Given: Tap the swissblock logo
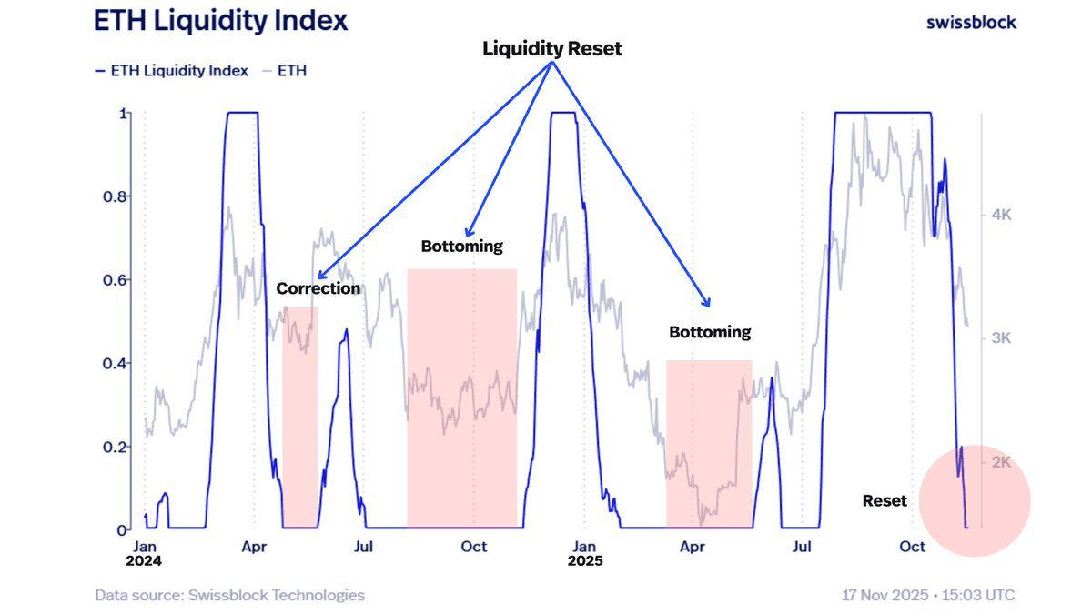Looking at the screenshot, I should click(x=970, y=22).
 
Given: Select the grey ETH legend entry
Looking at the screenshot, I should click(x=285, y=71).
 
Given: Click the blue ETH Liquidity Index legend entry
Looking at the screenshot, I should click(x=172, y=71).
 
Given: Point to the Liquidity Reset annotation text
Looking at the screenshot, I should click(x=551, y=49).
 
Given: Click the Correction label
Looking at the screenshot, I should click(x=318, y=288).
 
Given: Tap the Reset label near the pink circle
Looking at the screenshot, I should click(x=885, y=500).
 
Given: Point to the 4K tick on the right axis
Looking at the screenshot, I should click(x=1001, y=215).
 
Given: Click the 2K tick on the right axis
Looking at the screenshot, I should click(x=1001, y=462).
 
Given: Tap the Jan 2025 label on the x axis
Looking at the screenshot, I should click(x=585, y=553).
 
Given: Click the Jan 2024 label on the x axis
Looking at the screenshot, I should click(x=144, y=553).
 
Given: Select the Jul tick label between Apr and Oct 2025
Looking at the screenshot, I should click(x=802, y=547).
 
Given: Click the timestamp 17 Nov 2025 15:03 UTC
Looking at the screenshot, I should click(x=928, y=596).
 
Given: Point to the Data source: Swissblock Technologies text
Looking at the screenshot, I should click(x=229, y=596).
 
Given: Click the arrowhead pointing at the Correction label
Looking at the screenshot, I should click(x=320, y=276).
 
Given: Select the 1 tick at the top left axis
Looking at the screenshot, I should click(x=123, y=113).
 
